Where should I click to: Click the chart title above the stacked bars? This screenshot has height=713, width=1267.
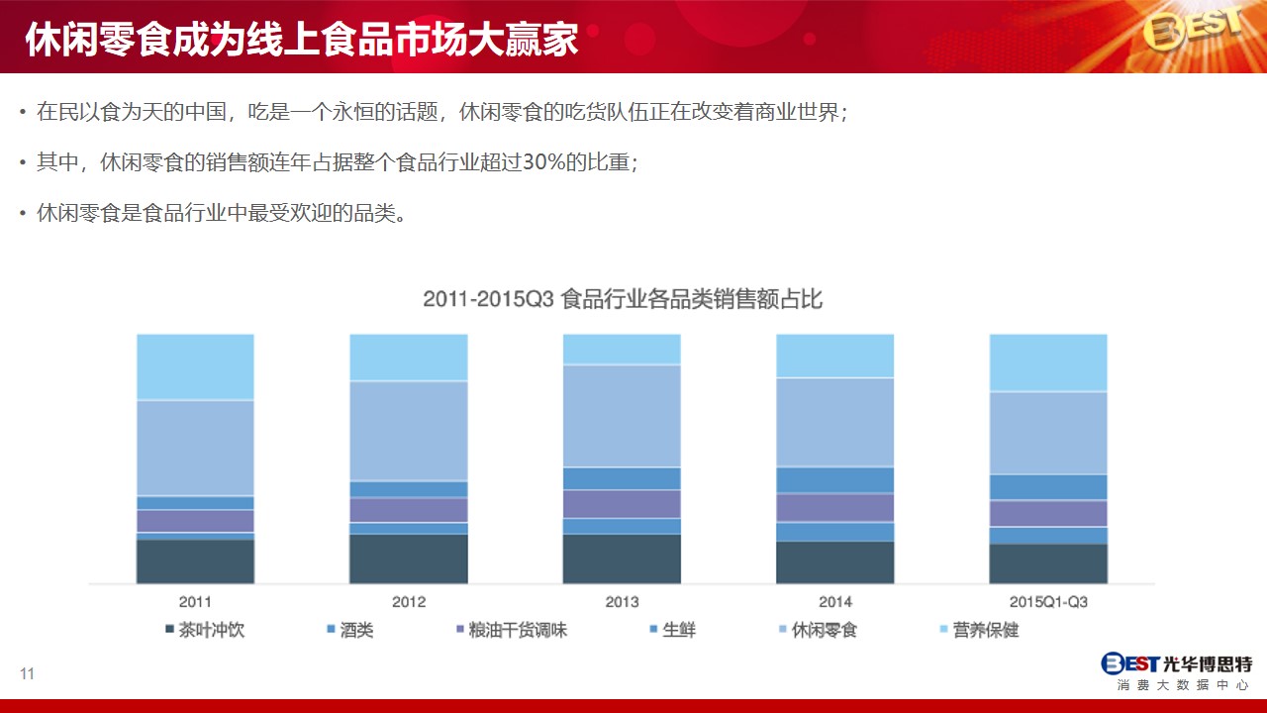point(623,299)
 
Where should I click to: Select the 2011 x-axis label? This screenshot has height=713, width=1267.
point(195,601)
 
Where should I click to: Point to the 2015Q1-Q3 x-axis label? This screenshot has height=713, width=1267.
point(1048,601)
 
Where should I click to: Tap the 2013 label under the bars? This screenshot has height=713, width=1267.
point(622,601)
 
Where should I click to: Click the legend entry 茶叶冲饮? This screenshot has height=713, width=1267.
point(205,630)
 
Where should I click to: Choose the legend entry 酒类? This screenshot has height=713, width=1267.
point(350,630)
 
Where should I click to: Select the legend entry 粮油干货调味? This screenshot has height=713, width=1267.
point(512,630)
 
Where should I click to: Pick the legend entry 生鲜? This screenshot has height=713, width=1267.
point(672,630)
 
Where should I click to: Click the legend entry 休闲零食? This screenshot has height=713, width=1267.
point(818,630)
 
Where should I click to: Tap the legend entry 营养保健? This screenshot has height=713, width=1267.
point(979,630)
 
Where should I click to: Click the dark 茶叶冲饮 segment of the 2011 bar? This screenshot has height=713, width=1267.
point(195,561)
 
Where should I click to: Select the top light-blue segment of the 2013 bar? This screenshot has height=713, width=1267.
point(622,350)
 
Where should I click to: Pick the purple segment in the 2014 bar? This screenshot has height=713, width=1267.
point(834,508)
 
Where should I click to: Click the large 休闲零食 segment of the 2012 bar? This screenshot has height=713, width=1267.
point(409,431)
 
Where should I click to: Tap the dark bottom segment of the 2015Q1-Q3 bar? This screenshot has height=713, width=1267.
point(1048,563)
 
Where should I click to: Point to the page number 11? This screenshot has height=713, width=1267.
point(27,673)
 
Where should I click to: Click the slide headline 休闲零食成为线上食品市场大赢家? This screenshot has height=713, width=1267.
point(302,40)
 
